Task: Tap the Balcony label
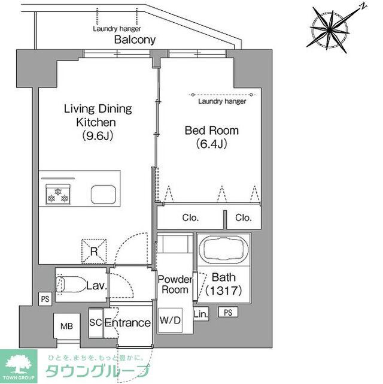135,40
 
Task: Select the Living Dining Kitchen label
98,122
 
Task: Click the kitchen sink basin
104,195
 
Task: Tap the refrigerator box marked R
95,251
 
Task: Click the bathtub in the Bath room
222,249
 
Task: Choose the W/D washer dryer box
171,320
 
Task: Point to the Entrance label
127,323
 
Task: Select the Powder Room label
175,285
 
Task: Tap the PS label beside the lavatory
45,298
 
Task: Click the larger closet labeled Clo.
191,218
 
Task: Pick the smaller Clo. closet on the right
244,218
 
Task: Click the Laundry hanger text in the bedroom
222,102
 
